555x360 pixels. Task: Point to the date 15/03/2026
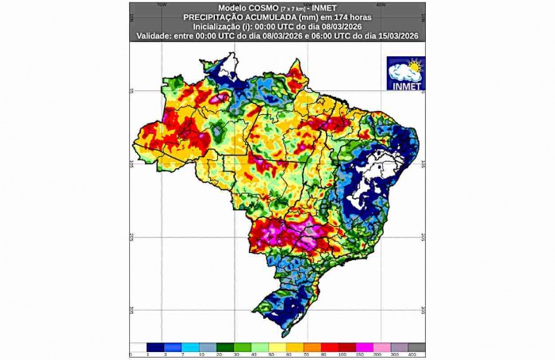(x=400, y=36)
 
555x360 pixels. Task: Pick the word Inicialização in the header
(x=214, y=26)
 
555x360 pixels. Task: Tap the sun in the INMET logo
(x=415, y=64)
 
